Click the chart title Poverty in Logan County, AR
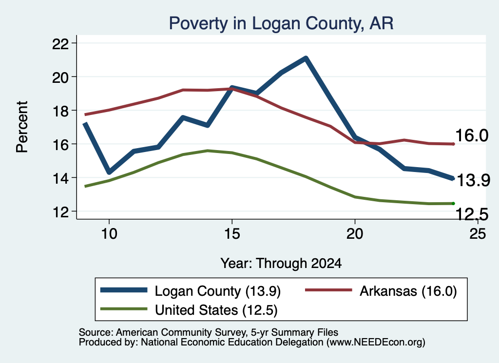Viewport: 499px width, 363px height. click(x=281, y=23)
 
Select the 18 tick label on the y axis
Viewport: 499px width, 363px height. click(x=60, y=111)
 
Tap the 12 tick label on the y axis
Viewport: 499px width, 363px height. click(x=60, y=212)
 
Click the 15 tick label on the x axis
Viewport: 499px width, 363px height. click(x=232, y=234)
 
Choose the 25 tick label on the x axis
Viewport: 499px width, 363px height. click(x=478, y=234)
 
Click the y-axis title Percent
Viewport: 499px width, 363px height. click(x=22, y=127)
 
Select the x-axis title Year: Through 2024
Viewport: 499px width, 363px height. click(x=281, y=264)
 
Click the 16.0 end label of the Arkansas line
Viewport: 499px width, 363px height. click(x=472, y=135)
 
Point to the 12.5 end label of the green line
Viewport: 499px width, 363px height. click(x=472, y=214)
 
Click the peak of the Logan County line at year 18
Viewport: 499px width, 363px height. click(x=306, y=58)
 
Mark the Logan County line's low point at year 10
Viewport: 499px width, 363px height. click(x=109, y=172)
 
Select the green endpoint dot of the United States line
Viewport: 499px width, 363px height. click(x=453, y=203)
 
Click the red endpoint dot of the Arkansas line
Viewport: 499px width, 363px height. click(x=453, y=144)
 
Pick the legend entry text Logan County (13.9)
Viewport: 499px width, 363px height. click(x=218, y=291)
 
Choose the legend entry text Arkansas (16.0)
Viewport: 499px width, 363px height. click(x=408, y=291)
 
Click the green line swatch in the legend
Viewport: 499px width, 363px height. click(x=124, y=309)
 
